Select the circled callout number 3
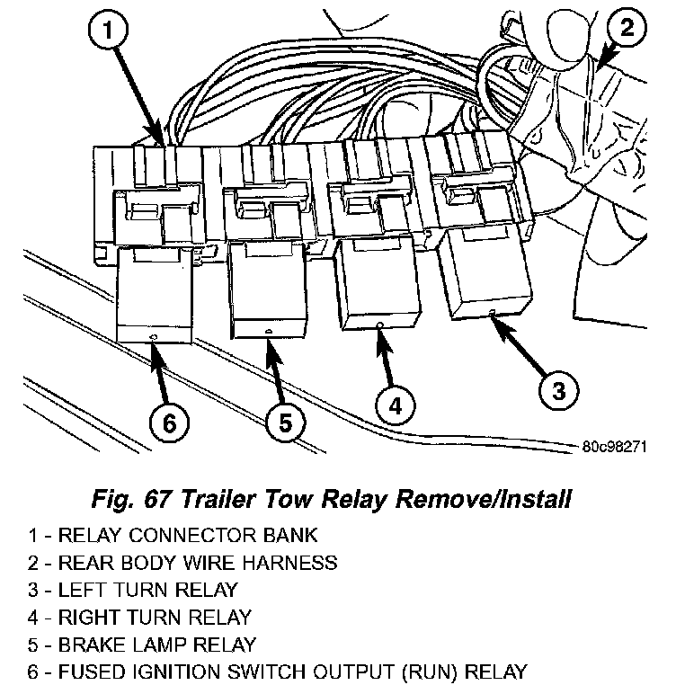(x=558, y=389)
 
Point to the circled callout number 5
(x=285, y=423)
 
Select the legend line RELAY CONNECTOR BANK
(x=188, y=536)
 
